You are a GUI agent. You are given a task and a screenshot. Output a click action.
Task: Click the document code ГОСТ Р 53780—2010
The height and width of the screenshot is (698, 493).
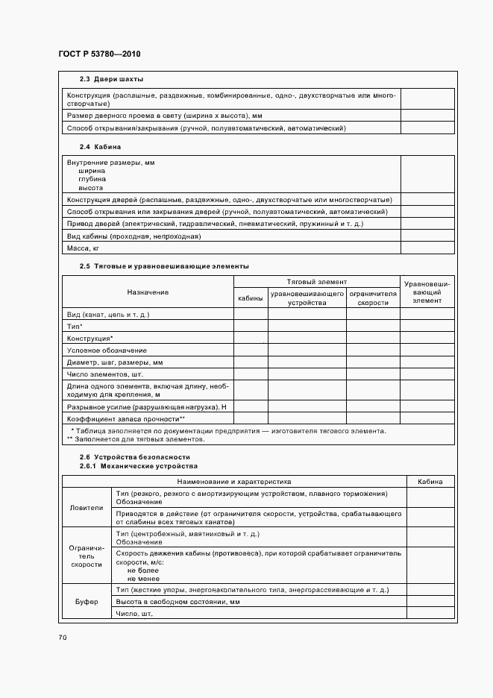(x=98, y=54)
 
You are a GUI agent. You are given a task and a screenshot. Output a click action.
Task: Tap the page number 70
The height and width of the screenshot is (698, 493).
(x=63, y=638)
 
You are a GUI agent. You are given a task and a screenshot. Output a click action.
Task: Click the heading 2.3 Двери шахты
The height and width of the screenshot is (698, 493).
(x=112, y=79)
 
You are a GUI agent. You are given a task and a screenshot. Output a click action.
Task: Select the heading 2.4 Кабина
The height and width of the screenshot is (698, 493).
(x=100, y=147)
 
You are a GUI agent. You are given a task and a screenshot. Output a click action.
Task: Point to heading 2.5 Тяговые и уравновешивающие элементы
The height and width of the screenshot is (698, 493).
(x=164, y=266)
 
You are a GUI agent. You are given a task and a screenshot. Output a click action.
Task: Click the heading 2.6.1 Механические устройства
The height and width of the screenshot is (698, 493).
(x=139, y=466)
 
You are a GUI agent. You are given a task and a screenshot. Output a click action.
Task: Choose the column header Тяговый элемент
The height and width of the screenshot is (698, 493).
(x=316, y=282)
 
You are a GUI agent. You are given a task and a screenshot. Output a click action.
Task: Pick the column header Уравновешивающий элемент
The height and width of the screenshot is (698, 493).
(x=427, y=292)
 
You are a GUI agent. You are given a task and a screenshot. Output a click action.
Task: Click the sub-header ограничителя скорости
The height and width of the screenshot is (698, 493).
(x=373, y=299)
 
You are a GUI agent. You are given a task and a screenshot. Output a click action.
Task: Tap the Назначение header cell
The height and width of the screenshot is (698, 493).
(x=148, y=292)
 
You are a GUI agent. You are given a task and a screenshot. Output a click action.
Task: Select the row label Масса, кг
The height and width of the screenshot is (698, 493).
(x=84, y=248)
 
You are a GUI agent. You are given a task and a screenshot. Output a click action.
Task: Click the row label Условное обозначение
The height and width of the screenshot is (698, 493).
(x=107, y=350)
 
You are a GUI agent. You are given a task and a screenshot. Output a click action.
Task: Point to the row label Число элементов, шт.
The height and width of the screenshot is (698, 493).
(x=104, y=374)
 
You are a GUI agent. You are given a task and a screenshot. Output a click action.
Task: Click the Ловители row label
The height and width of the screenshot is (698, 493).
(x=87, y=508)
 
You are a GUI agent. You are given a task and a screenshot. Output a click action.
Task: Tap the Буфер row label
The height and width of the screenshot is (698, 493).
(x=87, y=602)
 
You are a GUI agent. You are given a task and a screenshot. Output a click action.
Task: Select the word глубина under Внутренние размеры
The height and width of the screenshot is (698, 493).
(x=92, y=179)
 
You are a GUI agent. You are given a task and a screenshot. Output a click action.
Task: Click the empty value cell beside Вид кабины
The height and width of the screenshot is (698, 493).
(x=427, y=236)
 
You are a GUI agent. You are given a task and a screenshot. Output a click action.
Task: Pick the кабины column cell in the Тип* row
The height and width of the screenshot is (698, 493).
(x=251, y=327)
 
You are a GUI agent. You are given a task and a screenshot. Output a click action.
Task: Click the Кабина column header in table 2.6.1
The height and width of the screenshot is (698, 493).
(x=430, y=482)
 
